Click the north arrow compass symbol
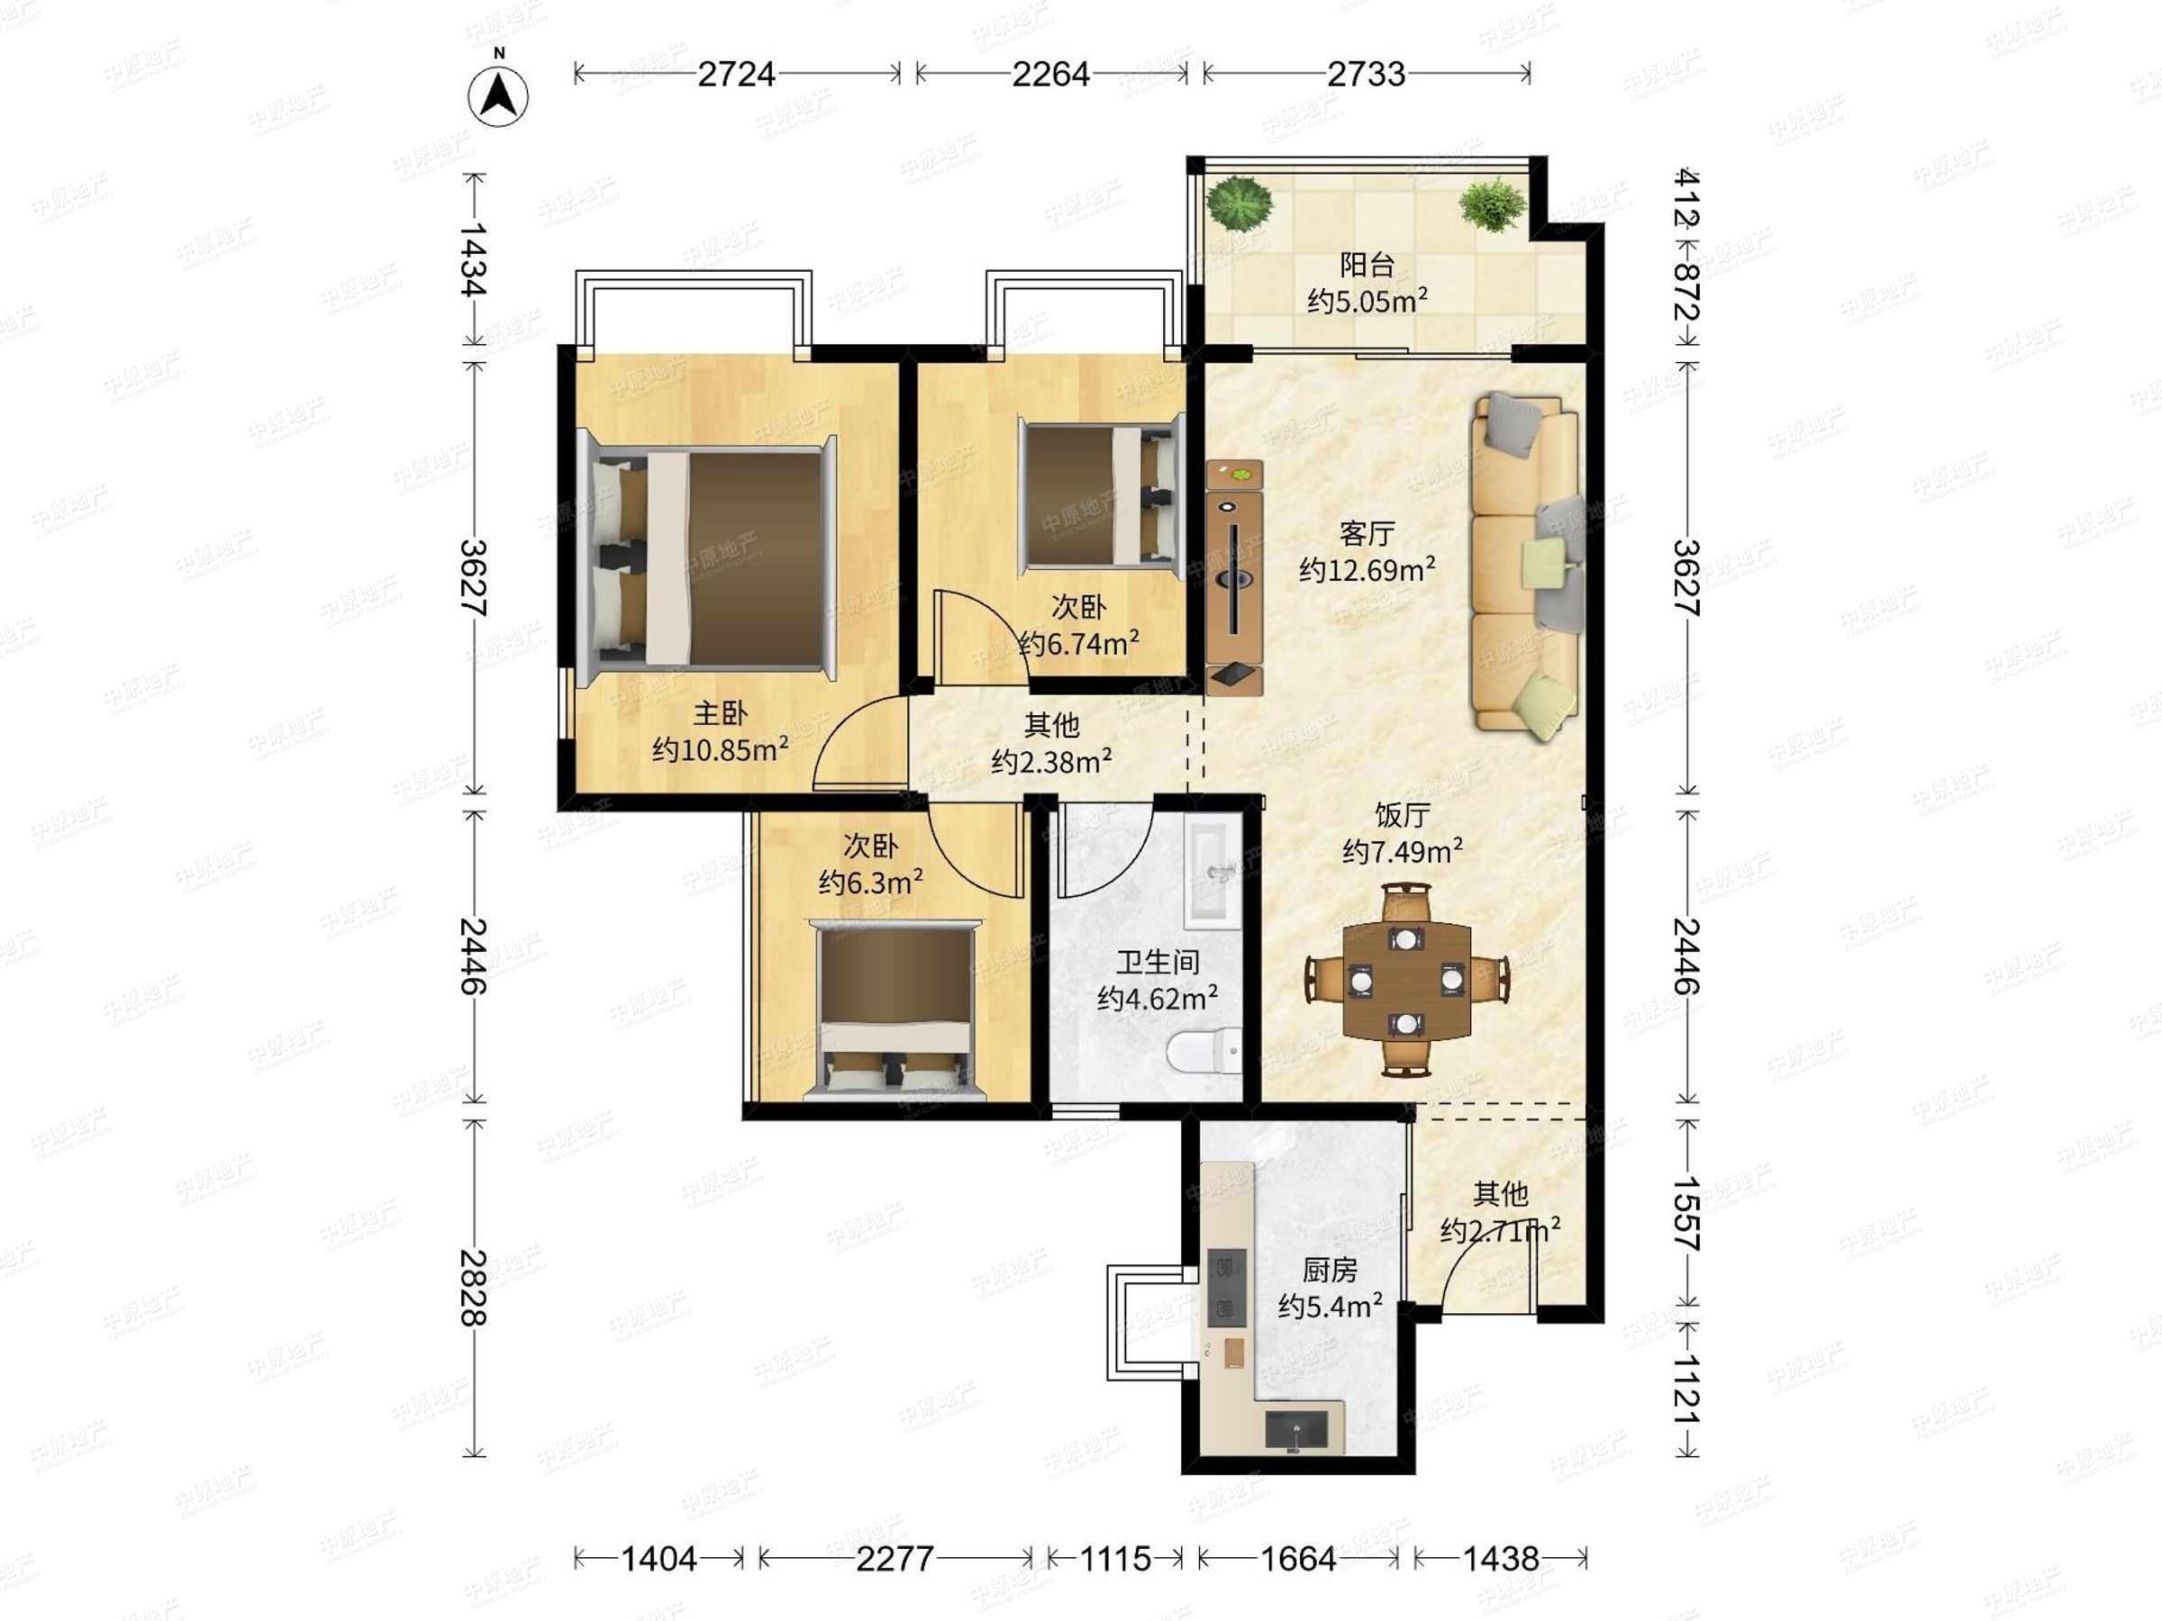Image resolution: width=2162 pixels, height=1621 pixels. click(x=498, y=95)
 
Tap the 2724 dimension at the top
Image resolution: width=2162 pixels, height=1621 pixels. click(x=736, y=74)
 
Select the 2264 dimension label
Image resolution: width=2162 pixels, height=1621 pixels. click(x=1050, y=74)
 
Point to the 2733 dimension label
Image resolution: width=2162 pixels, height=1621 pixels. click(x=1367, y=74)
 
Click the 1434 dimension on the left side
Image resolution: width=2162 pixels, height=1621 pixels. click(x=474, y=259)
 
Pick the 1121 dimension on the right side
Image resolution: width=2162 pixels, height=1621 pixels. click(x=1687, y=1390)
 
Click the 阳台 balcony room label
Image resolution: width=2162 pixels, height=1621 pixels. click(x=1367, y=264)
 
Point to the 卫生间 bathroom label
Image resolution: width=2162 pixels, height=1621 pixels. click(x=1158, y=963)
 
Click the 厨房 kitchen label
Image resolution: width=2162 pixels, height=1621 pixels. click(x=1330, y=1269)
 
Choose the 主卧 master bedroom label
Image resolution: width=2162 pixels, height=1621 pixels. click(x=721, y=713)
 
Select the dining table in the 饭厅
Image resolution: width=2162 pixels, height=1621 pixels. click(x=1406, y=980)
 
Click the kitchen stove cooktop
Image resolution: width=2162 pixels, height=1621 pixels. click(x=1227, y=1288)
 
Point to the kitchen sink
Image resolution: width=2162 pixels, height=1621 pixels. click(x=1297, y=1430)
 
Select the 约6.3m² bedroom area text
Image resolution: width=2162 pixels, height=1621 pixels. click(x=871, y=883)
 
